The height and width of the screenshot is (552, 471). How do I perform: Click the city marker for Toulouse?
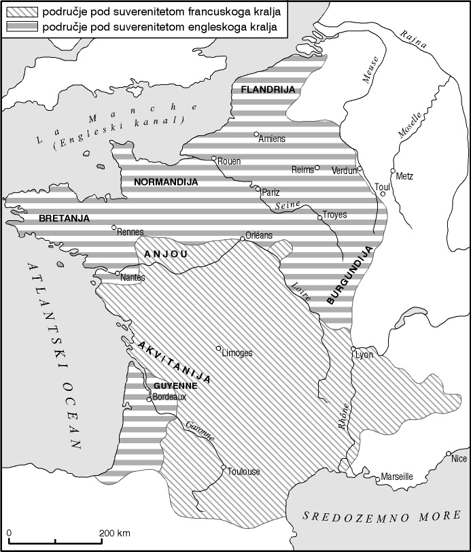(224, 466)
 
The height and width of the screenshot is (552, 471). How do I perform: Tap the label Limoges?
(237, 353)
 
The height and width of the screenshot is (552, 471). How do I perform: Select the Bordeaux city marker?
(149, 399)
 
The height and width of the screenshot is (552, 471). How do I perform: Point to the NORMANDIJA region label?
(166, 182)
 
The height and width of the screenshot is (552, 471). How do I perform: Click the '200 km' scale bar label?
(115, 532)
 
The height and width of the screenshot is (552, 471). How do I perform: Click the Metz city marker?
(393, 171)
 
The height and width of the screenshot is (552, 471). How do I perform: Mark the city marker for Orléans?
(243, 239)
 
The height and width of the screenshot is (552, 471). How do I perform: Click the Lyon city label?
(364, 354)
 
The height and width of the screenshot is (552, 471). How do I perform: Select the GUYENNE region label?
(175, 385)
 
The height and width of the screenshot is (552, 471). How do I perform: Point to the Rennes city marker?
(114, 228)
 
